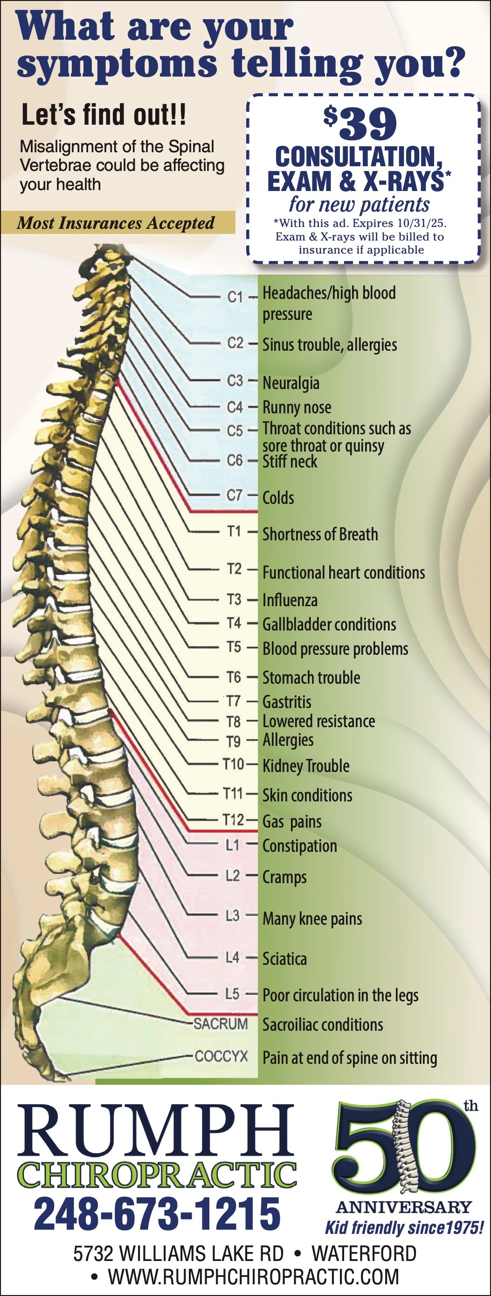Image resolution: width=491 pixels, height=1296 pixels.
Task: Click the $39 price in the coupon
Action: pyautogui.click(x=360, y=124)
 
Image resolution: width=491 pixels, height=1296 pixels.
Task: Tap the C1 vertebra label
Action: pyautogui.click(x=235, y=297)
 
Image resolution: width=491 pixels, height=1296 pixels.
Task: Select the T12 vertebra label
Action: pyautogui.click(x=233, y=820)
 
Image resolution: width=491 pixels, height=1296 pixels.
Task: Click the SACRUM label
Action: pyautogui.click(x=221, y=1024)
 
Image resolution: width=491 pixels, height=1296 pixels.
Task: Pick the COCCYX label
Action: pyautogui.click(x=221, y=1056)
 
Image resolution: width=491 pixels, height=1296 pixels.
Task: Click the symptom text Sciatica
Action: pyautogui.click(x=284, y=958)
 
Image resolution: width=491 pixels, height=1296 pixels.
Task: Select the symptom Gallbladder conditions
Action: pyautogui.click(x=329, y=624)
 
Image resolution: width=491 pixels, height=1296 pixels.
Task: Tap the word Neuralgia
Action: pyautogui.click(x=291, y=383)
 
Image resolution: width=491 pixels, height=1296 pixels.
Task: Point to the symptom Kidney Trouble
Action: pyautogui.click(x=306, y=766)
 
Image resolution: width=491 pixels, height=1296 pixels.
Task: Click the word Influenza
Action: pyautogui.click(x=290, y=600)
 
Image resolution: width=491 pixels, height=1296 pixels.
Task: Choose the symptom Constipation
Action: pyautogui.click(x=299, y=846)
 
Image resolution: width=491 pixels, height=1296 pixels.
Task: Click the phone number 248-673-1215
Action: pyautogui.click(x=157, y=1213)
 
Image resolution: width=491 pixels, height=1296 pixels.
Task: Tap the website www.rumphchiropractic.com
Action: pyautogui.click(x=253, y=1276)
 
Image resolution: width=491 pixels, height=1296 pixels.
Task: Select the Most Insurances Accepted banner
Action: pyautogui.click(x=117, y=223)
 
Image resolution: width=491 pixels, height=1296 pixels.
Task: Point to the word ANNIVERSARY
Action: pyautogui.click(x=403, y=1207)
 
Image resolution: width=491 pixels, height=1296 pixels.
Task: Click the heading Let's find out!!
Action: pyautogui.click(x=104, y=115)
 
